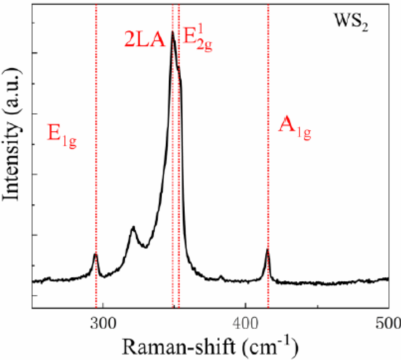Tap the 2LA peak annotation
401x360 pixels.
(143, 40)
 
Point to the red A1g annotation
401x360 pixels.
(294, 129)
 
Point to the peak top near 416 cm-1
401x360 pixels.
(268, 250)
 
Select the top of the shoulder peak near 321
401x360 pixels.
(133, 227)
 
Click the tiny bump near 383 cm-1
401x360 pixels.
(222, 276)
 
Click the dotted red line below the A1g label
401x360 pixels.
(269, 195)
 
